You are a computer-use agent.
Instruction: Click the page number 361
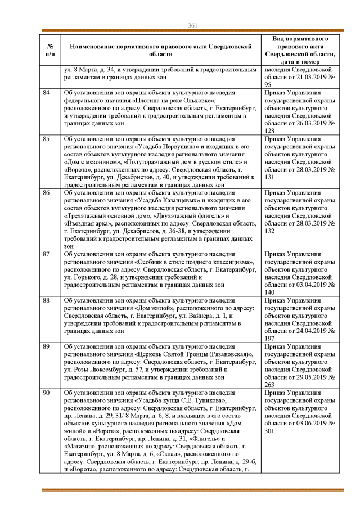pos(192,25)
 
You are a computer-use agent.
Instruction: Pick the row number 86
pos(47,192)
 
